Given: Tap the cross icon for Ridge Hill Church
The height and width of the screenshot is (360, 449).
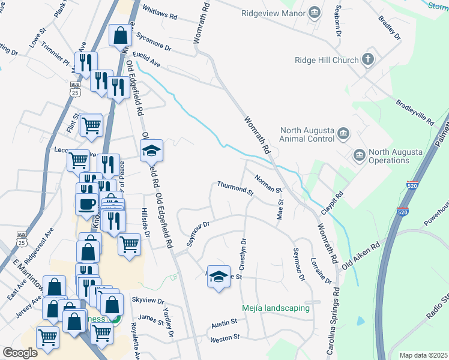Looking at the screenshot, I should [368, 59].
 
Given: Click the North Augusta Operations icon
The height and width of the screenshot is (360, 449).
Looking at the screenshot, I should [359, 155].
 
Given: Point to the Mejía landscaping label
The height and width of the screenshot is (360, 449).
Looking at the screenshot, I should [276, 308].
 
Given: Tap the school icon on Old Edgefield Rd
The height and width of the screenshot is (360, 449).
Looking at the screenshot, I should [152, 151].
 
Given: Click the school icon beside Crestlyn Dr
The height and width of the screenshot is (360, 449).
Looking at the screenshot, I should [218, 277].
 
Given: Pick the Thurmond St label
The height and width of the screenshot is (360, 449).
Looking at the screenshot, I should [235, 188].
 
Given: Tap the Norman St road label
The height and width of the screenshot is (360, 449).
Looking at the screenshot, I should [268, 184].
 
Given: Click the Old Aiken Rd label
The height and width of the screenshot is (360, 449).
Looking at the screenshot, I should [361, 256].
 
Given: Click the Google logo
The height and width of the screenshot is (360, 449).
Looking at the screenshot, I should [20, 352].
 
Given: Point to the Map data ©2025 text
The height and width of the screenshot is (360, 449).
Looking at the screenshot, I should [423, 355].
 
